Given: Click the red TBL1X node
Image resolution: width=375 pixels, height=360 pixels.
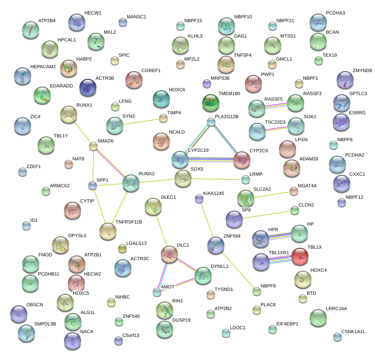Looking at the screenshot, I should [301, 257].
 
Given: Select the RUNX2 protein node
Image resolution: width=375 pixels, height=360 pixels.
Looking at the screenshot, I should [131, 183].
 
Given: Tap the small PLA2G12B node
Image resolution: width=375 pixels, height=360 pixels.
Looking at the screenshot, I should [211, 122].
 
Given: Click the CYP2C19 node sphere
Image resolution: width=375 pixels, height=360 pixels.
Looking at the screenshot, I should [180, 160].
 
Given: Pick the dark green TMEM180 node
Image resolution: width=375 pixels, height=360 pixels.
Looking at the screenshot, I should [210, 102].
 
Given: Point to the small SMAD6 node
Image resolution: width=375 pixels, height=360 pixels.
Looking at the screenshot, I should [93, 147].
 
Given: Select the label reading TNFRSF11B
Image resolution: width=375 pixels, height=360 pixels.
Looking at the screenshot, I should [129, 222].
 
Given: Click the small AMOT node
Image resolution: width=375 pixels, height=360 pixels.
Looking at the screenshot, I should [157, 292].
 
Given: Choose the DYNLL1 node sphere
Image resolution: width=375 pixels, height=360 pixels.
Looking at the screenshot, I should [203, 276].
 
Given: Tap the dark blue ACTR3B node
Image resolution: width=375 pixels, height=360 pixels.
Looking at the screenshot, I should [87, 87].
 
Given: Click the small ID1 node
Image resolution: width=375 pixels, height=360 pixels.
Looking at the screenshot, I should [26, 226].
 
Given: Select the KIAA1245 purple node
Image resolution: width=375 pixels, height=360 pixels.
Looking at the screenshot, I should [199, 198].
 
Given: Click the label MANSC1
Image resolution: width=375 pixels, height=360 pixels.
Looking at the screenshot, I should [137, 17].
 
